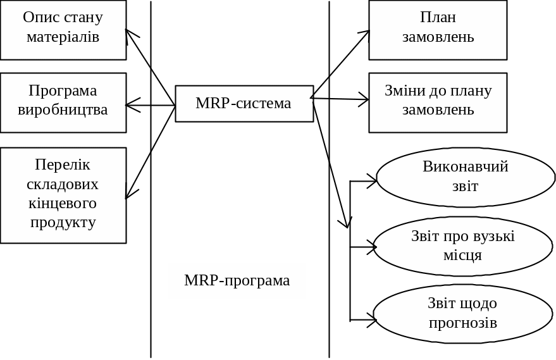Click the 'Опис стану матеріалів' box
63,30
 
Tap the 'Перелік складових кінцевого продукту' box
63,195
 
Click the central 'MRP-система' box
244,104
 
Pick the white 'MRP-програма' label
237,281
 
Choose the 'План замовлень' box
438,30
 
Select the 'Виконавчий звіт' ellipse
466,177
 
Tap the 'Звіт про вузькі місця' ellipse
463,246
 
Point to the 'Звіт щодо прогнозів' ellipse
463,314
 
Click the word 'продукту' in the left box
63,223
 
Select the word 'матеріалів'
63,37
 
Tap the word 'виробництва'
63,110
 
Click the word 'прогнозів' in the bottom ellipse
463,323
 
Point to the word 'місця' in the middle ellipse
463,256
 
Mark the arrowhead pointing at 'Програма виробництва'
131,105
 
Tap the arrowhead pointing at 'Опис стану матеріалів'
128,33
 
